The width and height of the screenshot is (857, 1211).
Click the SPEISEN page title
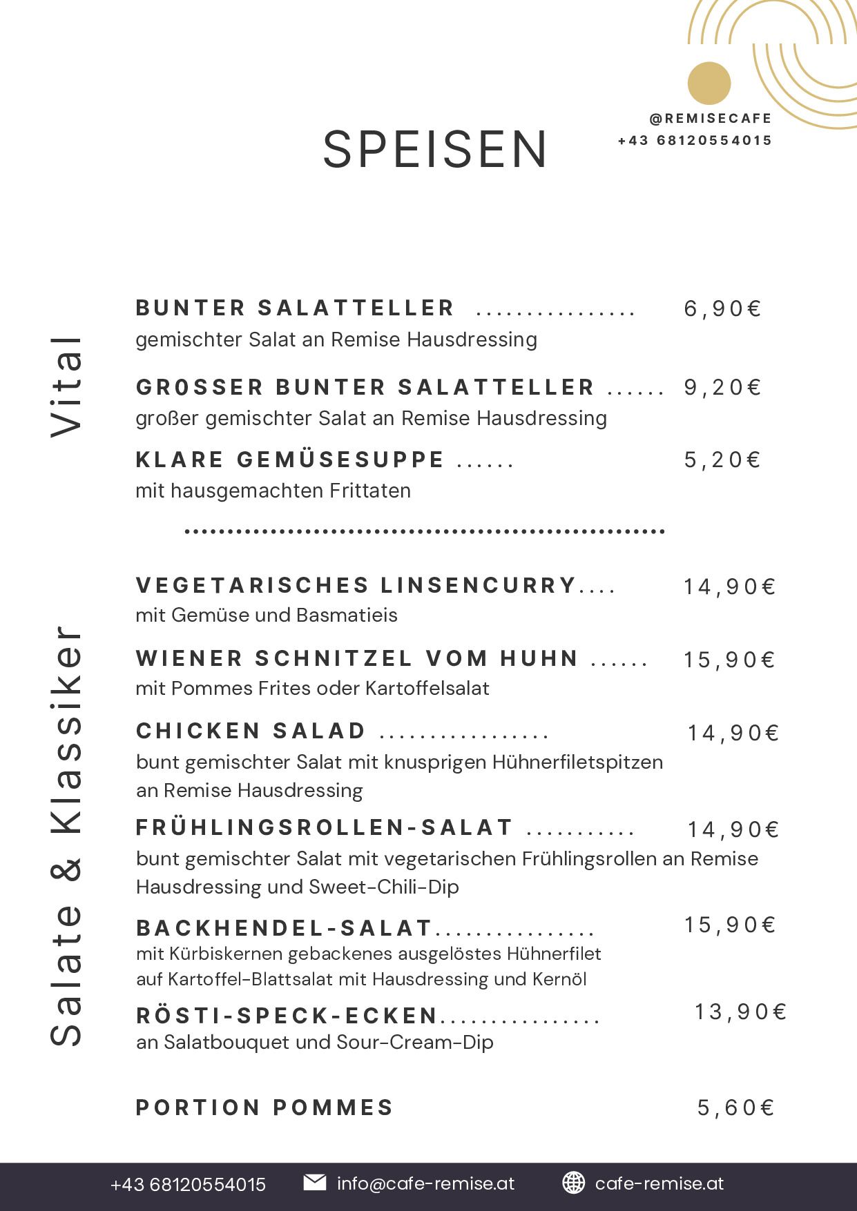click(435, 150)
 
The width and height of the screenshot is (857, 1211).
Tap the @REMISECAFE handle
click(711, 119)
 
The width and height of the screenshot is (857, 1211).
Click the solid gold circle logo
click(709, 83)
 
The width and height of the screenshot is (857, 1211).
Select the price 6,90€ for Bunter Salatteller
click(722, 308)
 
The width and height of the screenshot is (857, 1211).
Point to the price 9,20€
click(722, 387)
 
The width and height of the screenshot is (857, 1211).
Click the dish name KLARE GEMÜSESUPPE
click(290, 460)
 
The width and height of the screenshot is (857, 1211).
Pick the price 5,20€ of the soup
click(722, 460)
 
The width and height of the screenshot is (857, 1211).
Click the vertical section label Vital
click(67, 386)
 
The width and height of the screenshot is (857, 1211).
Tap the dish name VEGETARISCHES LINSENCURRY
click(356, 585)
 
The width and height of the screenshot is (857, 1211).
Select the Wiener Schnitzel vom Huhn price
click(729, 660)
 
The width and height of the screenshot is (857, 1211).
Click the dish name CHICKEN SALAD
click(251, 731)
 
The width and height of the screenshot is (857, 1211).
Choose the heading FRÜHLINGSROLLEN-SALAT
click(325, 827)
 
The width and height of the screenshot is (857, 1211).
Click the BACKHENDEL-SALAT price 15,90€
click(730, 925)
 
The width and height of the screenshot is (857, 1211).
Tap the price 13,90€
click(740, 1012)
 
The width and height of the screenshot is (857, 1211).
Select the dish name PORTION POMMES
click(264, 1107)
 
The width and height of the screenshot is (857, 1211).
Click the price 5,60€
click(735, 1107)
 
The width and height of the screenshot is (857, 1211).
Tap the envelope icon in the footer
click(315, 1182)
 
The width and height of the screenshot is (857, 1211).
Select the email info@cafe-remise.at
click(425, 1183)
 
